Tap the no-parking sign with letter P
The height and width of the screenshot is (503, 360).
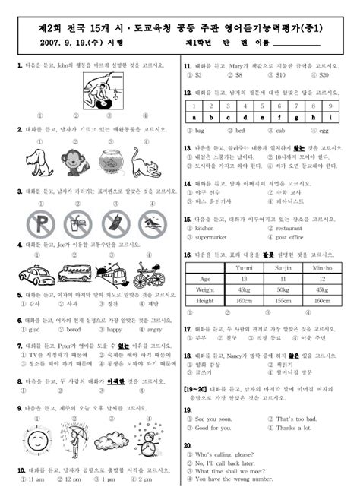tap(36, 224)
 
